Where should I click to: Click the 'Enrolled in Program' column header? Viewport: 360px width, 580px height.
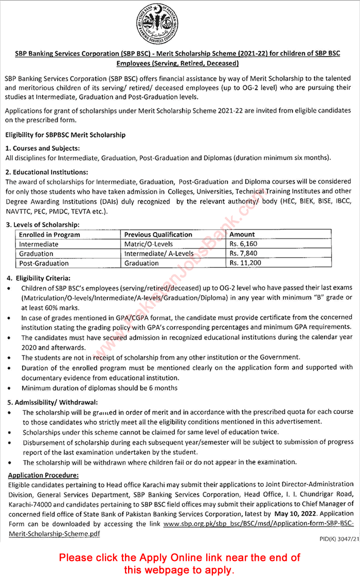pyautogui.click(x=49, y=234)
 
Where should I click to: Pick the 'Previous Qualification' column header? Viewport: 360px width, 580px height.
pyautogui.click(x=158, y=234)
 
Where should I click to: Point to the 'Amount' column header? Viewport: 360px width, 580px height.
pyautogui.click(x=242, y=234)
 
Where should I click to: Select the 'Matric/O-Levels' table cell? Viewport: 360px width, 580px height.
pyautogui.click(x=148, y=244)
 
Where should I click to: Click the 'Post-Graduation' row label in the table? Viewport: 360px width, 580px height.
pyautogui.click(x=44, y=263)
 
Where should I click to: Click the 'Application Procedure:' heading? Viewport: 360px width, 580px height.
pyautogui.click(x=44, y=476)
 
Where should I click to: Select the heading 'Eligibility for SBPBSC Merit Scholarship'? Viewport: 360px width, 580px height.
pyautogui.click(x=65, y=135)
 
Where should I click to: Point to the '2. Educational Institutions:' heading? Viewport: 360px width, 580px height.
pyautogui.click(x=47, y=172)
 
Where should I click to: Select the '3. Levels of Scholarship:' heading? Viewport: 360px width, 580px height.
pyautogui.click(x=43, y=225)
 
